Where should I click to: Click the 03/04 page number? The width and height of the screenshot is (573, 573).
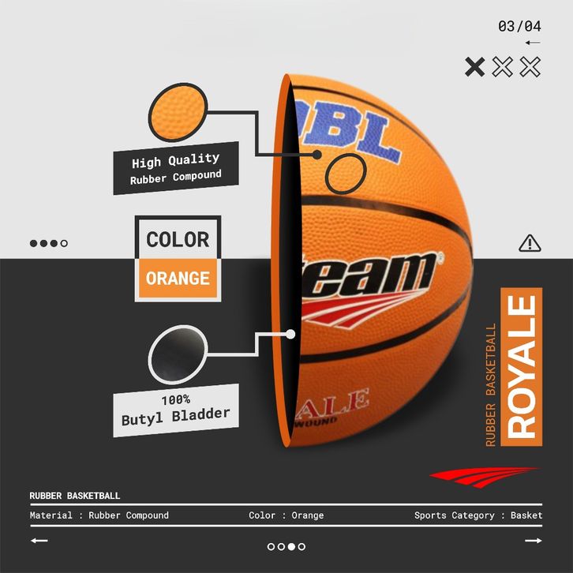(x=519, y=26)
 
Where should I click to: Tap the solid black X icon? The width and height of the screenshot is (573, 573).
(x=474, y=66)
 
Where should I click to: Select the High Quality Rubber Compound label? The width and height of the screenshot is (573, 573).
(x=175, y=168)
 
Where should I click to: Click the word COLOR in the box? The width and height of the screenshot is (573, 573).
(x=178, y=239)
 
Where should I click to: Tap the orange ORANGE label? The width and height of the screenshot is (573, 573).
(x=178, y=279)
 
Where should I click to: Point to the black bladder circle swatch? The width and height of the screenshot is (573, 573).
(x=178, y=356)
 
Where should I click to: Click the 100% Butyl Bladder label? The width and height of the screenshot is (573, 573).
(x=175, y=410)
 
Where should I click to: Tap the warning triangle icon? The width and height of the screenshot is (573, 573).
(x=529, y=243)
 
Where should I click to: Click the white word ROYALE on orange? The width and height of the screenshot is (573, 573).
(x=522, y=368)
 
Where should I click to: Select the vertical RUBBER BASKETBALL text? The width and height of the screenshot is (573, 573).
(x=491, y=385)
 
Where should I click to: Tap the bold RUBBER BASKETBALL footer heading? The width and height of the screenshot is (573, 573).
(x=75, y=496)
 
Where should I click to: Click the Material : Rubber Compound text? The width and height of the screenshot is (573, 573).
(x=99, y=515)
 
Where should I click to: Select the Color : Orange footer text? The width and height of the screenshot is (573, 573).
(x=286, y=515)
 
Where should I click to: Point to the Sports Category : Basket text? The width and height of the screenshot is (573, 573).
(x=478, y=515)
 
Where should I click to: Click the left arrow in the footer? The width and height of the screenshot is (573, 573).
(x=39, y=541)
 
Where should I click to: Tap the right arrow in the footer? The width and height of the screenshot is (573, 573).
(x=534, y=541)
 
